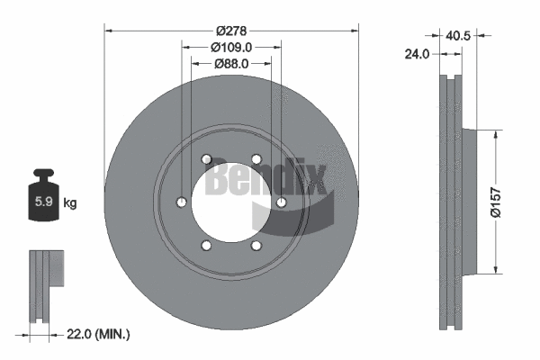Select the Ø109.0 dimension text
(231, 47)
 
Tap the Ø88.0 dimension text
(231, 64)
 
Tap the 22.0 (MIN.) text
(100, 335)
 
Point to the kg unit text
(69, 203)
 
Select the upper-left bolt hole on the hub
(207, 159)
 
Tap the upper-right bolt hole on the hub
(256, 159)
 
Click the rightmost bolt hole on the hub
(282, 202)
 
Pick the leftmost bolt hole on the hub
(182, 202)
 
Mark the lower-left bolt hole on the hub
(207, 245)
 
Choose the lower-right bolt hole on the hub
(256, 245)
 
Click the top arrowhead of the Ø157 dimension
(494, 133)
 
